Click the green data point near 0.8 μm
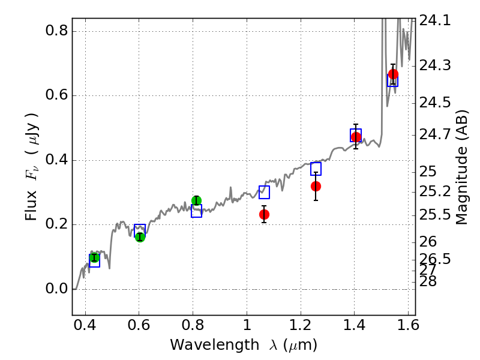[x=197, y=200]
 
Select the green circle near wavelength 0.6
[x=140, y=237]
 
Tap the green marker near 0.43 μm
[x=95, y=258]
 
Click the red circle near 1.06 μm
[x=264, y=214]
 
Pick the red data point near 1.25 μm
[x=316, y=186]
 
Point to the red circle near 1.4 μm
[x=356, y=137]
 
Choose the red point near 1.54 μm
[x=393, y=74]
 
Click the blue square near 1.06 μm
[x=264, y=192]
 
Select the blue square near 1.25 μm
[x=316, y=169]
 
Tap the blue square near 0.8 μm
[x=197, y=211]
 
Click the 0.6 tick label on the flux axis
[x=56, y=95]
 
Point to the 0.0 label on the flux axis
[x=56, y=289]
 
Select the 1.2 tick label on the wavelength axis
[x=301, y=325]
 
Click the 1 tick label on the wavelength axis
[x=247, y=325]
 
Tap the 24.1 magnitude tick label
[x=434, y=20]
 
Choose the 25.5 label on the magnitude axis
[x=434, y=215]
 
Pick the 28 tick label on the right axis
[x=428, y=281]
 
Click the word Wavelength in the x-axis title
[x=215, y=345]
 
